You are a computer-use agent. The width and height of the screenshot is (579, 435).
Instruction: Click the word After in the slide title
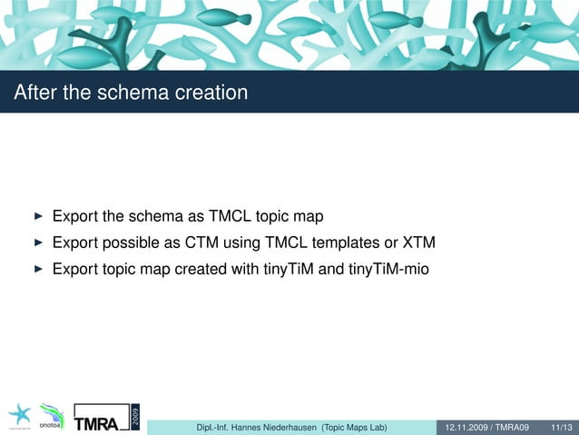click(x=34, y=93)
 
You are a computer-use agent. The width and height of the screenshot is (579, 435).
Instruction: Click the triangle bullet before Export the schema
click(x=37, y=217)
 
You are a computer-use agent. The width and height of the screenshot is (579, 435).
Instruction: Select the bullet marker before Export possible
click(x=37, y=243)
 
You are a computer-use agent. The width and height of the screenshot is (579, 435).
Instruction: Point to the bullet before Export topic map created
click(x=37, y=270)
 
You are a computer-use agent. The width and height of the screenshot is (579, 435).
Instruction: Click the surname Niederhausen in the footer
click(x=284, y=427)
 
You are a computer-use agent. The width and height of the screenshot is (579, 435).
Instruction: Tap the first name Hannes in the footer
click(x=232, y=427)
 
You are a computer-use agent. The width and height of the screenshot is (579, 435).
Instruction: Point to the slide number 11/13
click(x=561, y=427)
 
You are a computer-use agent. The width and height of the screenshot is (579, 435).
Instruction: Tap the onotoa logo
click(x=52, y=419)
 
